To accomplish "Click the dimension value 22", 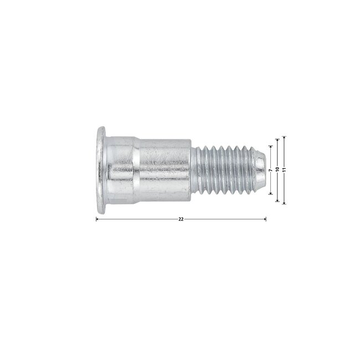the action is click(181, 219).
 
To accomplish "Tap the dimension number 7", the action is click(271, 170).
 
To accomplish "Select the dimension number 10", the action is click(277, 169).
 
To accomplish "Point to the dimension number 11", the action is click(284, 169).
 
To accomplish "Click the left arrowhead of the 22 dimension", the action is click(97, 219).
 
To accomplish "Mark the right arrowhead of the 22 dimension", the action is click(265, 219).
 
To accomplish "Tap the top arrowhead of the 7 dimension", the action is click(271, 147).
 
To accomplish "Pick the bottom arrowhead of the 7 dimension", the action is click(271, 193).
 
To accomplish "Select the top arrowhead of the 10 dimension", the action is click(277, 140).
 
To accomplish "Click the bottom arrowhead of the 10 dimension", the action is click(277, 200).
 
